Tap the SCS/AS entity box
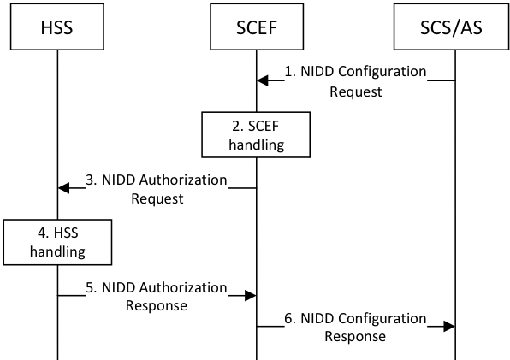coord(450,27)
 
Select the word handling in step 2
coord(256,145)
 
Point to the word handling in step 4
coord(57,251)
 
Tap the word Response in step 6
coord(355,336)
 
